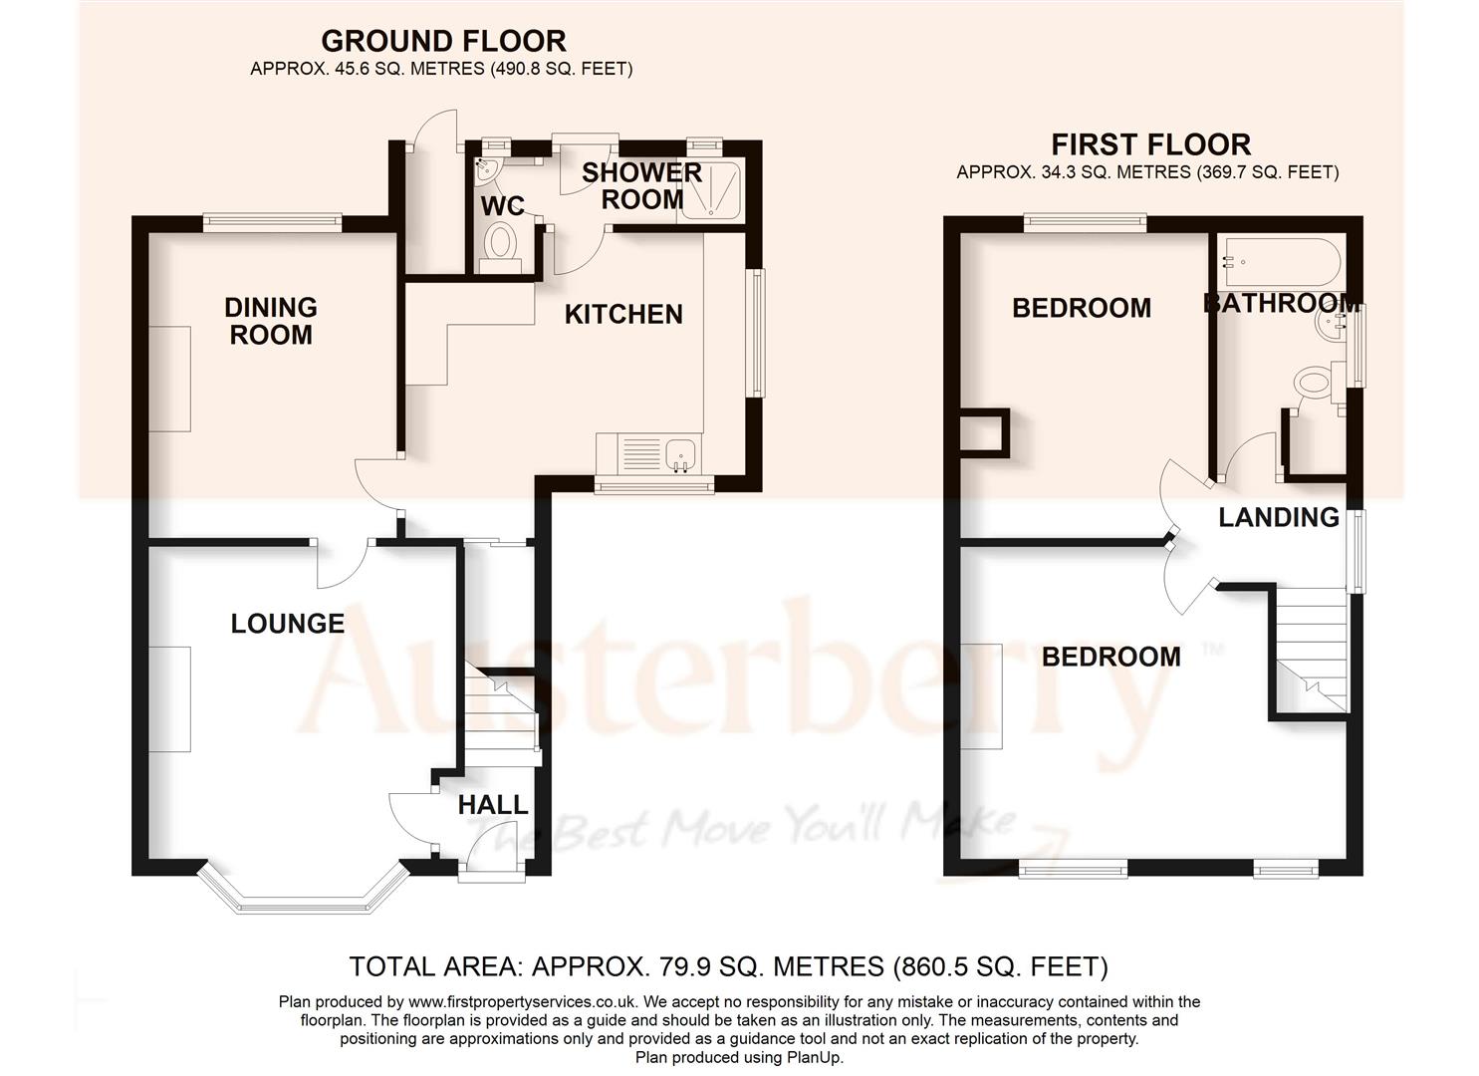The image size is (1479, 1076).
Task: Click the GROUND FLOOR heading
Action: click(443, 41)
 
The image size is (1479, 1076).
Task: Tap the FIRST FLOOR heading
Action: click(1150, 144)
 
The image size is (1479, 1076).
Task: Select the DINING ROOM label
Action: click(271, 321)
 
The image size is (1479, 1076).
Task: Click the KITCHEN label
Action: click(623, 315)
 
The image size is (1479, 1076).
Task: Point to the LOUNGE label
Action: click(287, 624)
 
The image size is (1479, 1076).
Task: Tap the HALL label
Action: click(493, 805)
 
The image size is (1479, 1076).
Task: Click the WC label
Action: click(503, 206)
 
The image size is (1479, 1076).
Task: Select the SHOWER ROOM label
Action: click(641, 185)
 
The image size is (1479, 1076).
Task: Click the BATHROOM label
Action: click(1281, 303)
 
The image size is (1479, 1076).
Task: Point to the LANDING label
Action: click(1279, 517)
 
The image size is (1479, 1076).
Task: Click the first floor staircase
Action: click(1311, 648)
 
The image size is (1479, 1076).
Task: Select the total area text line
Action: click(728, 966)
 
